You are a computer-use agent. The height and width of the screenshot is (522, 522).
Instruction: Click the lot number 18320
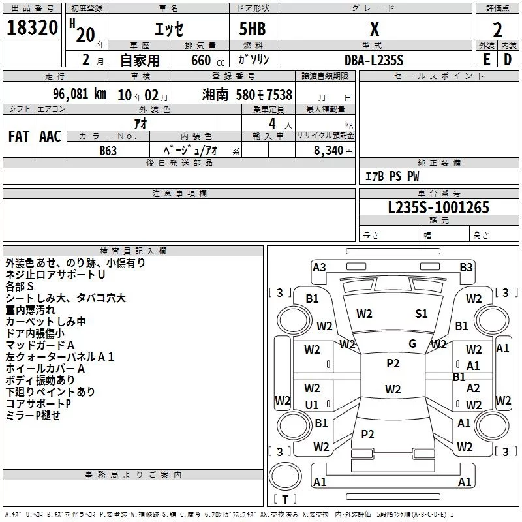click(32, 27)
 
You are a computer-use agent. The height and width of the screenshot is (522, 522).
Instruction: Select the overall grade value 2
click(497, 30)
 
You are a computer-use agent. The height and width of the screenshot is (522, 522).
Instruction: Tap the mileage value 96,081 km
click(80, 94)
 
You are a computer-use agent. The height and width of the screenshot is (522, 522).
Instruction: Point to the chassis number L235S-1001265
click(438, 207)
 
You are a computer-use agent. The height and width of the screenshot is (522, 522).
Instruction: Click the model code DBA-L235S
click(374, 60)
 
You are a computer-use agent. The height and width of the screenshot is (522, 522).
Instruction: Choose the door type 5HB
click(253, 29)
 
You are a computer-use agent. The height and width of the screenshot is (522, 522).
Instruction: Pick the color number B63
click(108, 151)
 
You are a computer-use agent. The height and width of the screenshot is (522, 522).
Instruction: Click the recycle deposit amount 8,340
click(329, 150)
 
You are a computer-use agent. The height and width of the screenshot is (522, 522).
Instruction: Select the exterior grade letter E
click(487, 59)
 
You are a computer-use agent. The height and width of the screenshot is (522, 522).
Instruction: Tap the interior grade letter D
click(508, 59)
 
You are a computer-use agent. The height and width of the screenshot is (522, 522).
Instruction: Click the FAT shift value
click(19, 136)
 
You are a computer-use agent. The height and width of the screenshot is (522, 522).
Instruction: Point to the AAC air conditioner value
click(50, 136)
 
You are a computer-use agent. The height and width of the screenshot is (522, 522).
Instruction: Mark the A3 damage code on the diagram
click(319, 267)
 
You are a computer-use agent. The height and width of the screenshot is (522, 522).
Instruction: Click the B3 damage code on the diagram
click(466, 267)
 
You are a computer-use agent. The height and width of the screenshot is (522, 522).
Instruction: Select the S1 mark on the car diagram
click(421, 313)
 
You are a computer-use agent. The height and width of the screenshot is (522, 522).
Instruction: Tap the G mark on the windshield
click(412, 344)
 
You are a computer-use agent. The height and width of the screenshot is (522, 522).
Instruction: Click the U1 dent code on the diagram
click(312, 405)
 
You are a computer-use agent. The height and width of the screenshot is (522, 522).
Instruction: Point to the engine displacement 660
click(201, 60)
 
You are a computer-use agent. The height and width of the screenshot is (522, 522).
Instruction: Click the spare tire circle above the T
click(285, 477)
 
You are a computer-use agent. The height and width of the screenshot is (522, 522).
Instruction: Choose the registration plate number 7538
click(279, 95)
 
